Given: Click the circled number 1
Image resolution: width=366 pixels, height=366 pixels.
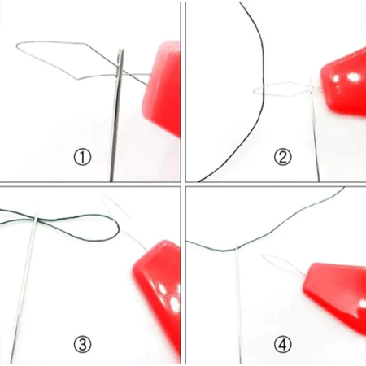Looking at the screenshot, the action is pyautogui.click(x=82, y=158).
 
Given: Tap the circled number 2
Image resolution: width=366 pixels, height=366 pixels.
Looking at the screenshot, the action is pyautogui.click(x=282, y=158).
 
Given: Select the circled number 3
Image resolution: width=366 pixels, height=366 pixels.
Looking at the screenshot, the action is pyautogui.click(x=82, y=345).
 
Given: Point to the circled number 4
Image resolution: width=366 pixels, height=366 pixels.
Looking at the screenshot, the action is pyautogui.click(x=282, y=345).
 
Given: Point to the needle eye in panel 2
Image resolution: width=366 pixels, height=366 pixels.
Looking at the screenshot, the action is pyautogui.click(x=312, y=86).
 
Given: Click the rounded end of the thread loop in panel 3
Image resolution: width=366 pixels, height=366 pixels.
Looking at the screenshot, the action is pyautogui.click(x=119, y=229).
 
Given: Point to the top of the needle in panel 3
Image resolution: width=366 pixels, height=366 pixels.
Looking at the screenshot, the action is pyautogui.click(x=37, y=210).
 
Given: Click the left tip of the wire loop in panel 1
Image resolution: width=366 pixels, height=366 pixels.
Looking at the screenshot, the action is pyautogui.click(x=17, y=46).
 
